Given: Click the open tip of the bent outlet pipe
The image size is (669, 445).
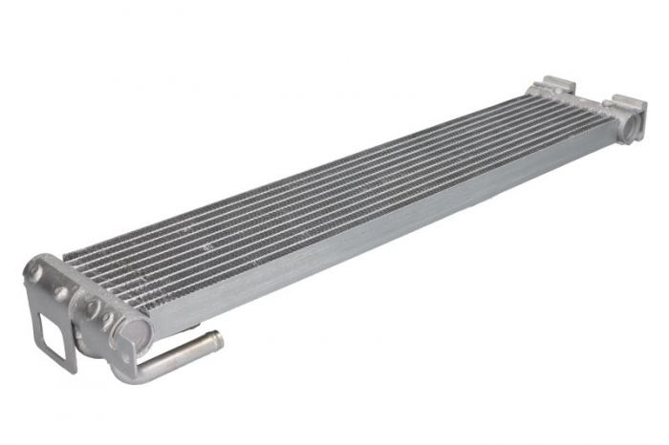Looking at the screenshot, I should click(x=218, y=339).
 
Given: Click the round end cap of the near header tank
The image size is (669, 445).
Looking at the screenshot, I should click(x=134, y=332).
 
